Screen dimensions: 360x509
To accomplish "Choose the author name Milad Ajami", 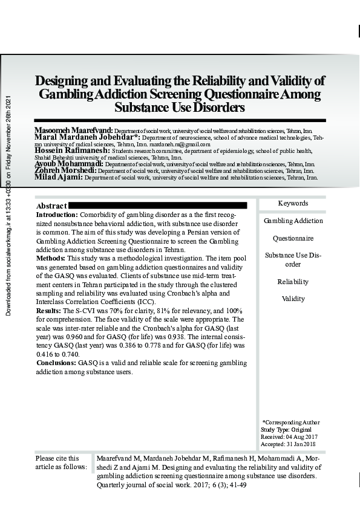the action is [x=58, y=178].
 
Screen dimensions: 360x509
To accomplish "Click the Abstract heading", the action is [x=51, y=206].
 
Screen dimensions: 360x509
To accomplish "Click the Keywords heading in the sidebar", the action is [x=293, y=204].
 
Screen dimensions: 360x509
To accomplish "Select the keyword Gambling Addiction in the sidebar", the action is [x=293, y=221].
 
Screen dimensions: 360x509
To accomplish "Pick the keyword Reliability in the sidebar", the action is [x=293, y=282].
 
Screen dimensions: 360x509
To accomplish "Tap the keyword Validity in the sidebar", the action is [x=293, y=299].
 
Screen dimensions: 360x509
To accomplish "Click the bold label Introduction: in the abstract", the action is [x=57, y=215].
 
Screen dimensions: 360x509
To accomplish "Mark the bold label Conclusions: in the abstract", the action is [x=56, y=363].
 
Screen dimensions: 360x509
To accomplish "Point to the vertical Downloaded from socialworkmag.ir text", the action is [x=8, y=206].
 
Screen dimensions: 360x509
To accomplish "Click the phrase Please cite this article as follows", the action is [x=61, y=462].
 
